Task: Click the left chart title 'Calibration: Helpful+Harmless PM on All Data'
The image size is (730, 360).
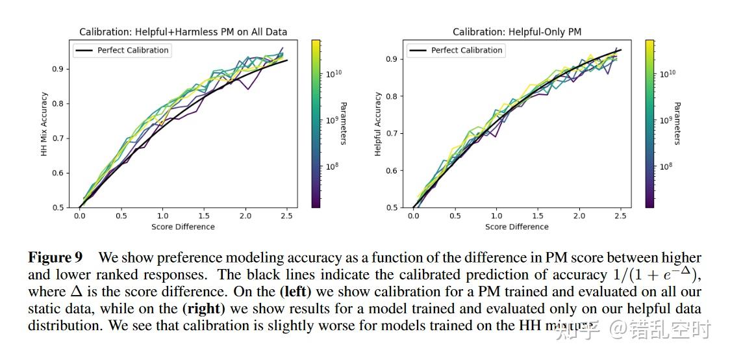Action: click(x=183, y=32)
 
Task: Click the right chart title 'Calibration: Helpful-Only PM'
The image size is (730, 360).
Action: click(x=517, y=32)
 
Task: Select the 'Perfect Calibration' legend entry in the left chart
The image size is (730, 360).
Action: click(x=132, y=50)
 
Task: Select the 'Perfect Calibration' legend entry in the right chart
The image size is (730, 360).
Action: click(x=466, y=50)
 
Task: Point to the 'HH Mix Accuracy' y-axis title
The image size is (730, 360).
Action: click(x=45, y=124)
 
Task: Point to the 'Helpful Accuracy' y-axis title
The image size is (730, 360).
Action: click(x=378, y=124)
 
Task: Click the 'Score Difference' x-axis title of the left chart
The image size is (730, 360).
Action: click(x=183, y=227)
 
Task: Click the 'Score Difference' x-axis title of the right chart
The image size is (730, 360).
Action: click(x=517, y=227)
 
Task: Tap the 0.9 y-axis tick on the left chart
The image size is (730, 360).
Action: click(x=63, y=69)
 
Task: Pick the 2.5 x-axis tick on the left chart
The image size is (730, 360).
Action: click(x=286, y=216)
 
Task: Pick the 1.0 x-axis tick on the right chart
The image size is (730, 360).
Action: click(x=497, y=216)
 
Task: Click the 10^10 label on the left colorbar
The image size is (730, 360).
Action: click(x=334, y=74)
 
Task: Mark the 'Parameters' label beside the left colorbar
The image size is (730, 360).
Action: click(x=344, y=123)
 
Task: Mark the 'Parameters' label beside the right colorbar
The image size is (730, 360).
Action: click(x=677, y=123)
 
